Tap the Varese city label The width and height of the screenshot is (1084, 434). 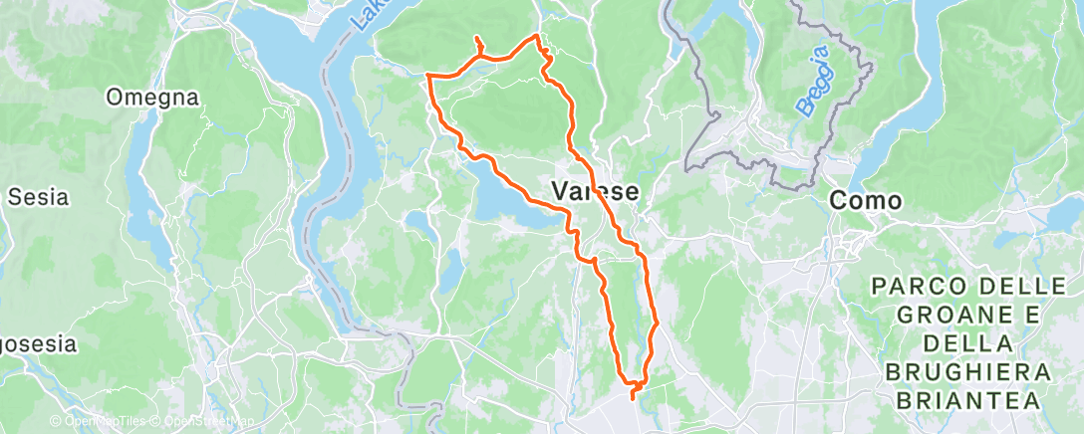pyautogui.click(x=596, y=189)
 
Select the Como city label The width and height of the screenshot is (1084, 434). pyautogui.click(x=866, y=200)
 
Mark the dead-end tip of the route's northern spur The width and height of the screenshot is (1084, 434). pyautogui.click(x=477, y=38)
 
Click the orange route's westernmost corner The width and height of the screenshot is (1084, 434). pyautogui.click(x=427, y=75)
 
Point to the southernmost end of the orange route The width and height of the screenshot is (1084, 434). pyautogui.click(x=633, y=398)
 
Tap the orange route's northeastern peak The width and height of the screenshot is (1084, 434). pyautogui.click(x=538, y=36)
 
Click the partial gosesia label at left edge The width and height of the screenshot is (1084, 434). pyautogui.click(x=37, y=344)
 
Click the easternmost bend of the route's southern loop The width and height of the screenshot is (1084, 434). pyautogui.click(x=658, y=323)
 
